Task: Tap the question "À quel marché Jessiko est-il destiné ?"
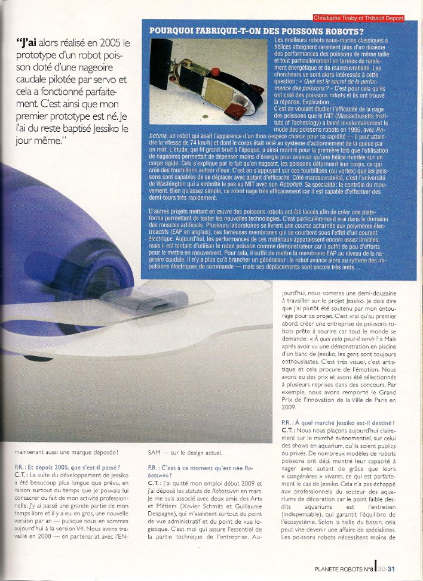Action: point(338,422)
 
